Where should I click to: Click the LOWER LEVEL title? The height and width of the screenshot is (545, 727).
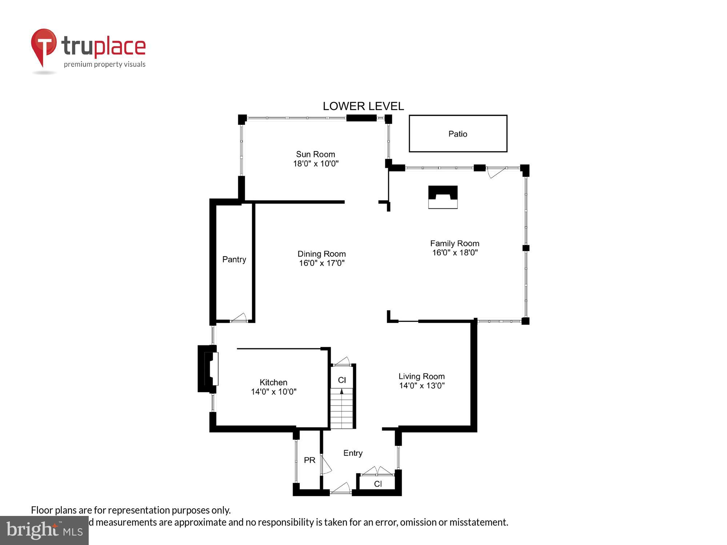(363, 106)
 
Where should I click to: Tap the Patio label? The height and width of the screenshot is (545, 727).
(458, 134)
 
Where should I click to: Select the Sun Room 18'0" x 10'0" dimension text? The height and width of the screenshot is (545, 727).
(316, 163)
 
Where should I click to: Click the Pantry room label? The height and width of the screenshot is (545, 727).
(234, 259)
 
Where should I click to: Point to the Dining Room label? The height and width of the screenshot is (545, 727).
(321, 254)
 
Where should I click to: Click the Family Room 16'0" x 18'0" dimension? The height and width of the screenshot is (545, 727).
(454, 253)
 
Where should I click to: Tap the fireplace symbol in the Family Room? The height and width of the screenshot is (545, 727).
(442, 197)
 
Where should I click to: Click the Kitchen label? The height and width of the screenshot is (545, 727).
(273, 382)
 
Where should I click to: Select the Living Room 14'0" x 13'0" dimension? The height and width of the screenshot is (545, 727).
(422, 385)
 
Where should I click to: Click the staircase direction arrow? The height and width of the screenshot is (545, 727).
(342, 392)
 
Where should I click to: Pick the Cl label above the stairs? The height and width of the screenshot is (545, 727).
(342, 380)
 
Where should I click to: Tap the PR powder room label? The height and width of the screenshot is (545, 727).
(309, 460)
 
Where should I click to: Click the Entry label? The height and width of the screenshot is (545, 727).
(353, 453)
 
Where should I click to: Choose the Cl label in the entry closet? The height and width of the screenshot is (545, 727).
(378, 484)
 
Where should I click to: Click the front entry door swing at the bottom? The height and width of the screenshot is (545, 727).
(341, 488)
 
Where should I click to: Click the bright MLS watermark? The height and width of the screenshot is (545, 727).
(44, 530)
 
